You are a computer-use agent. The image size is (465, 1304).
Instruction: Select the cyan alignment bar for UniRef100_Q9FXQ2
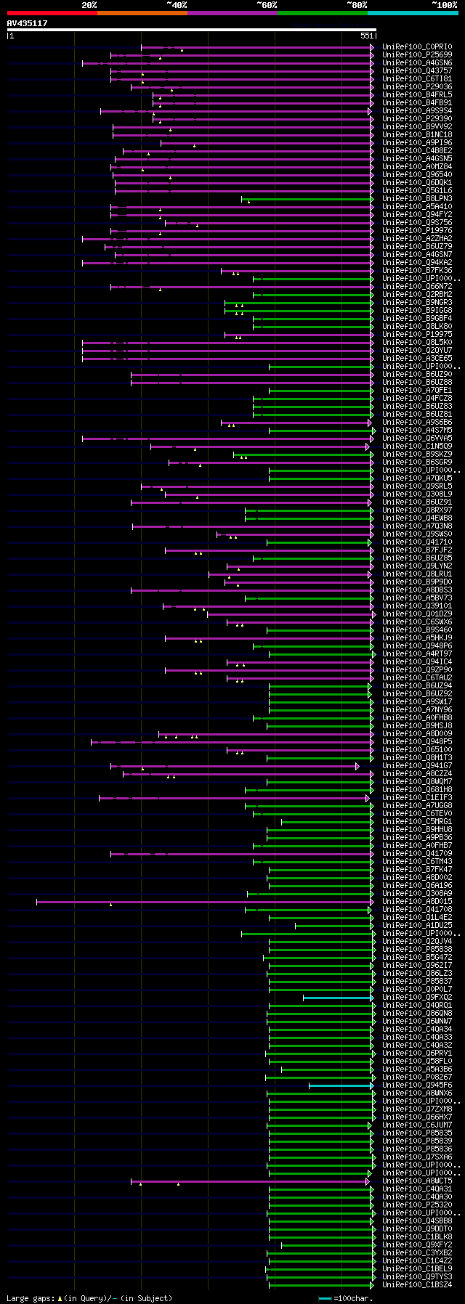coord(338,998)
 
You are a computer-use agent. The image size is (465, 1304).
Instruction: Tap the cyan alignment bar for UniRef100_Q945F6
coord(341,1085)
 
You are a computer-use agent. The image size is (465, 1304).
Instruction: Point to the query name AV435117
coord(28,24)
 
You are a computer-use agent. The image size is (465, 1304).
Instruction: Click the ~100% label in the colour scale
coord(444,5)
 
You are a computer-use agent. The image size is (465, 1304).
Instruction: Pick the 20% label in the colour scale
coord(89,5)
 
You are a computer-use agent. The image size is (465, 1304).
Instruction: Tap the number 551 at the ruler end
coord(366,36)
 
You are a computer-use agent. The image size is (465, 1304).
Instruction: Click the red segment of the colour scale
coord(52,13)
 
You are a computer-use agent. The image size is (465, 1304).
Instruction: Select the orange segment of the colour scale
coord(142,13)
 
